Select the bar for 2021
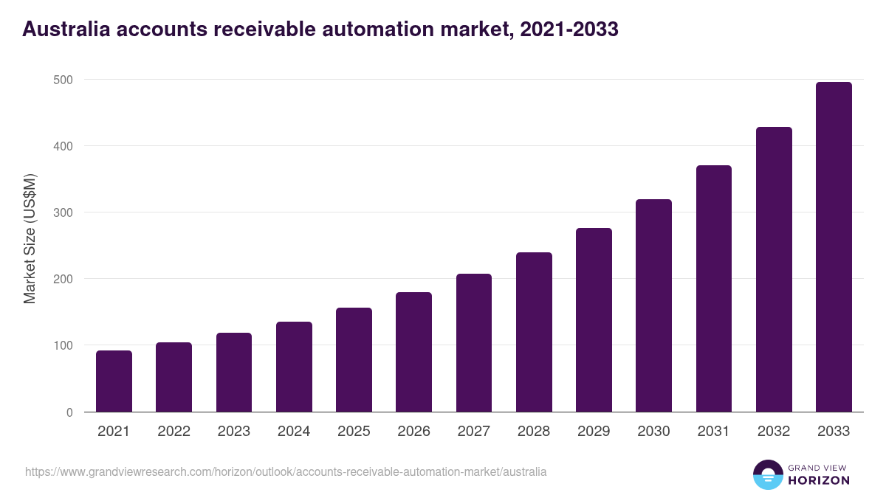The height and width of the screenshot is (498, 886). (x=114, y=381)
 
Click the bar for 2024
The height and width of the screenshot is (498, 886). (x=294, y=367)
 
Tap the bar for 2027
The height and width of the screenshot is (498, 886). (x=474, y=343)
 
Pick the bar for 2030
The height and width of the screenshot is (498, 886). (x=653, y=305)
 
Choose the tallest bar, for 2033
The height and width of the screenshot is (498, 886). (x=834, y=247)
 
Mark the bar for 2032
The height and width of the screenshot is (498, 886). (x=774, y=269)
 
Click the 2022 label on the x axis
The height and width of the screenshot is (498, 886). (x=174, y=432)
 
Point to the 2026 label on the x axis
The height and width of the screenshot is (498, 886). (x=413, y=432)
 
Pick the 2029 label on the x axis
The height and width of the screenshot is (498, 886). (x=594, y=432)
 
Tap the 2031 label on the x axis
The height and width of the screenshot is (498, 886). (x=714, y=432)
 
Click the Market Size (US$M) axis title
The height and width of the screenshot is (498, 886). (x=30, y=238)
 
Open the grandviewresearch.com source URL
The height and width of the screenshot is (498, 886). (x=286, y=471)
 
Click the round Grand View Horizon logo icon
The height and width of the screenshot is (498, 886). (x=767, y=475)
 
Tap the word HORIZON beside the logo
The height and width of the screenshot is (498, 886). (x=820, y=480)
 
